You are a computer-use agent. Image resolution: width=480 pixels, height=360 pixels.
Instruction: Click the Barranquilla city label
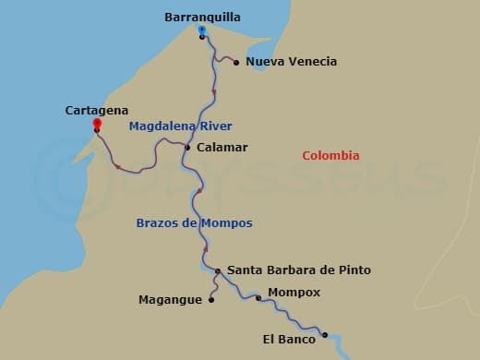coord(202,17)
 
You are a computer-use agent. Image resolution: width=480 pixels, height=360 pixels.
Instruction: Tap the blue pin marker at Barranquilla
coord(201,30)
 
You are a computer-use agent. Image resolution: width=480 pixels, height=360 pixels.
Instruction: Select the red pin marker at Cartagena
coord(97,124)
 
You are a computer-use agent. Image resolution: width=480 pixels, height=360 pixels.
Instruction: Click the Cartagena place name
coord(97,110)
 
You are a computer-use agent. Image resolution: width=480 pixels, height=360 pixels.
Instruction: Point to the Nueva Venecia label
coord(292,62)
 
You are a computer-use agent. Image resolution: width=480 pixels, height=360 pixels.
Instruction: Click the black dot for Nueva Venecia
coord(236,63)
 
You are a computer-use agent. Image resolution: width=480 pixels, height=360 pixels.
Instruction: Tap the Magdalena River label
coord(181,126)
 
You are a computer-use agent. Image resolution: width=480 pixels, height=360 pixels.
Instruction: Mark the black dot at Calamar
coord(187,147)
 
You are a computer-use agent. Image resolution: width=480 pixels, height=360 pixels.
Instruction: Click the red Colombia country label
coord(331,156)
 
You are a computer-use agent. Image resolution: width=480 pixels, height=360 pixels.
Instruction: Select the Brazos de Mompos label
coord(194,223)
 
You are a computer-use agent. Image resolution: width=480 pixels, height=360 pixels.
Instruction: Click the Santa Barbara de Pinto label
coord(299,270)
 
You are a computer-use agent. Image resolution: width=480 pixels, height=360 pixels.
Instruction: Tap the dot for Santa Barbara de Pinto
coord(218,271)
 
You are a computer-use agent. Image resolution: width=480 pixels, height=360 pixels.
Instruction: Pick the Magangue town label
coord(170,299)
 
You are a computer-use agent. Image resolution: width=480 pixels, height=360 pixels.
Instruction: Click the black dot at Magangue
coord(211,299)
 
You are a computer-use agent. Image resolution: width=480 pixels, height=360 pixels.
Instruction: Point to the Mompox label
coord(294,293)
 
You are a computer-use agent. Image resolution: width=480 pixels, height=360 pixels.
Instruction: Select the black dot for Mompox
coord(258,297)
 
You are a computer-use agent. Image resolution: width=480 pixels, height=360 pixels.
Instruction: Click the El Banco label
coord(289,340)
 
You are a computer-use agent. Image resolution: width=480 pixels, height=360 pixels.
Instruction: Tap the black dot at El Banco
coord(325,335)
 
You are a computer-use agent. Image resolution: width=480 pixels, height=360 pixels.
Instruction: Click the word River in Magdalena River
coord(215,126)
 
